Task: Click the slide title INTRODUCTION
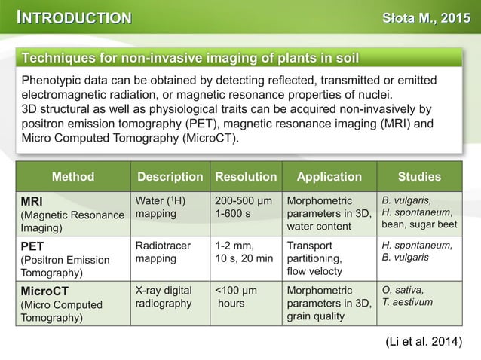pos(75,18)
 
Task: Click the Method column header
pos(73,177)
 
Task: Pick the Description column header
pos(170,177)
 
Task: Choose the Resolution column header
pos(246,177)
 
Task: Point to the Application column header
pos(329,177)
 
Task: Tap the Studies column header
pos(419,177)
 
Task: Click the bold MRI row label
pos(32,200)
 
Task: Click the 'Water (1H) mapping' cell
pos(160,207)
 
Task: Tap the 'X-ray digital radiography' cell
pos(164,297)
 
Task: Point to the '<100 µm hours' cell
pos(236,297)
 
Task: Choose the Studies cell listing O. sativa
pos(406,296)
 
